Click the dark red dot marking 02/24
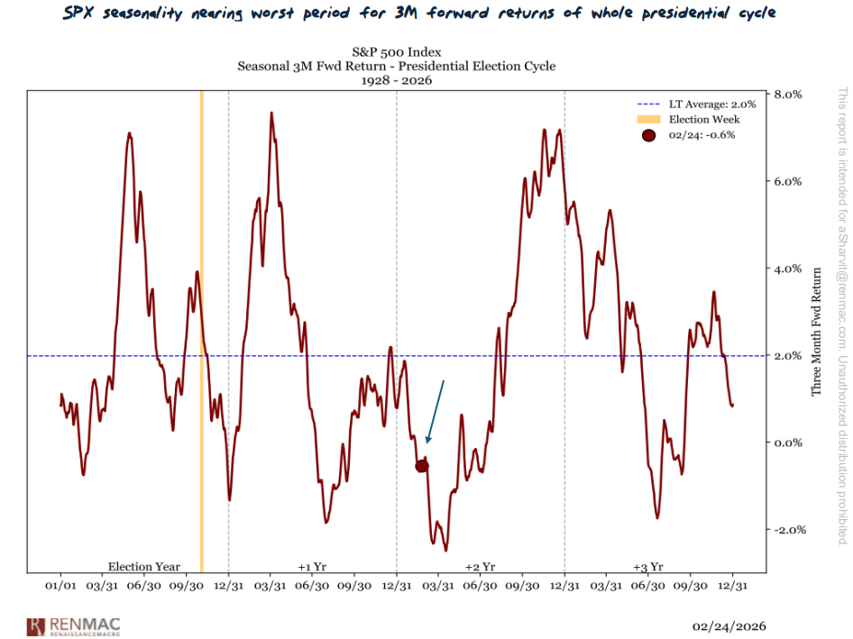click(421, 465)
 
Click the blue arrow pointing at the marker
click(435, 412)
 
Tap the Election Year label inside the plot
click(144, 567)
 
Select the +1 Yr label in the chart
click(312, 567)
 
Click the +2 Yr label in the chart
click(481, 567)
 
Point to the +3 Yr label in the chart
click(648, 567)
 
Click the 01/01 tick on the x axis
click(60, 584)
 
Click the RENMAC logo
click(75, 625)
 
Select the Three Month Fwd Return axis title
click(817, 331)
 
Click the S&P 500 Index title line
click(397, 51)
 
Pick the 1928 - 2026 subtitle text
click(397, 80)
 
